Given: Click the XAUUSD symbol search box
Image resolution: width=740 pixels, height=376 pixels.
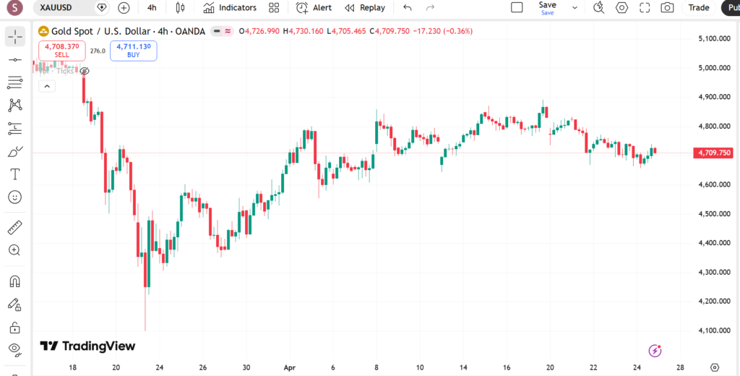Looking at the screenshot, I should [x=61, y=8].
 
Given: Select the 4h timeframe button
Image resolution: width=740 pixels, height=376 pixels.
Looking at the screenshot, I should [x=152, y=8].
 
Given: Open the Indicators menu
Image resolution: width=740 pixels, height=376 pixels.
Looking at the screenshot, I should [x=230, y=8].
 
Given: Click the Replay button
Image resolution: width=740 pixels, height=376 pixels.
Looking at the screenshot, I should [x=365, y=8].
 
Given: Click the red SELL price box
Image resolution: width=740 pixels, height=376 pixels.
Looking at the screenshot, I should [x=61, y=50].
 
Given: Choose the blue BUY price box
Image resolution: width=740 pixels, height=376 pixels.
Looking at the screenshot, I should [x=133, y=50].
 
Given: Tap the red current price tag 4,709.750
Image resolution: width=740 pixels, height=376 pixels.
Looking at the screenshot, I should [x=713, y=153].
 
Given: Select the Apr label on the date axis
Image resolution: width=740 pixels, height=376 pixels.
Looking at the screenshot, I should [x=289, y=367].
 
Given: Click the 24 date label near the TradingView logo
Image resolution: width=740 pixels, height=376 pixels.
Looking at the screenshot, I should [x=159, y=367].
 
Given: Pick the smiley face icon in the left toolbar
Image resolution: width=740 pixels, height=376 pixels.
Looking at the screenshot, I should [x=14, y=197].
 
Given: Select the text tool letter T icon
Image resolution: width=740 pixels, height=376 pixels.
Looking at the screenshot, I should [x=14, y=174].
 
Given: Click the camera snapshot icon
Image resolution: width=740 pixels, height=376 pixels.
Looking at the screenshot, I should [x=668, y=8].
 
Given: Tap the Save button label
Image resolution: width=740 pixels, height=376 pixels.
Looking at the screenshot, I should [x=547, y=5].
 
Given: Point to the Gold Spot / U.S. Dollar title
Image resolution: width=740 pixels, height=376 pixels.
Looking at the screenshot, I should [x=101, y=32].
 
